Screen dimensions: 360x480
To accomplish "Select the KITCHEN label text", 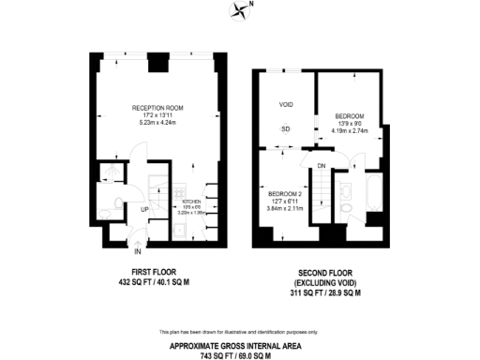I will pyautogui.click(x=191, y=200).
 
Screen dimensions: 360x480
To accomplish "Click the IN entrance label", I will pyautogui.click(x=138, y=251).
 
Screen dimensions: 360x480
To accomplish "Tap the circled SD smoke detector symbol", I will pyautogui.click(x=286, y=128).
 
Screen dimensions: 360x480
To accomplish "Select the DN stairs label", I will pyautogui.click(x=321, y=166).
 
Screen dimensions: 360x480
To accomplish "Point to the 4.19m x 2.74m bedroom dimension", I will pyautogui.click(x=349, y=130).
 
